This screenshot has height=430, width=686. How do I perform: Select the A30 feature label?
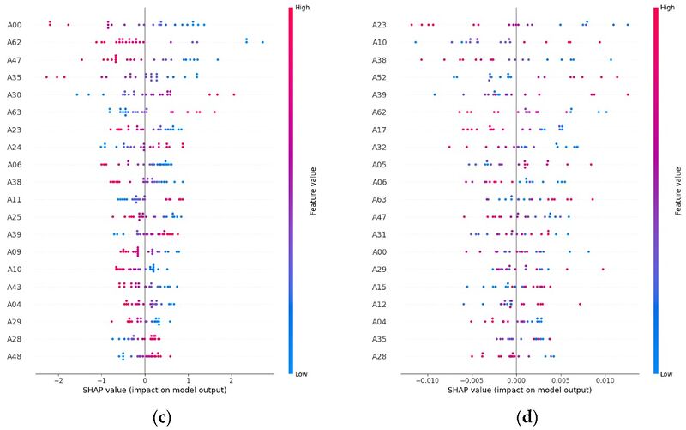15,94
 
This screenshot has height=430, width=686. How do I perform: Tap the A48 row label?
15,356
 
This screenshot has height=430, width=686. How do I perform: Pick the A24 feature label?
15,147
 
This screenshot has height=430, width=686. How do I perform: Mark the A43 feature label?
15,287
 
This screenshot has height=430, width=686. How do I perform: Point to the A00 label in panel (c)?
15,25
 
